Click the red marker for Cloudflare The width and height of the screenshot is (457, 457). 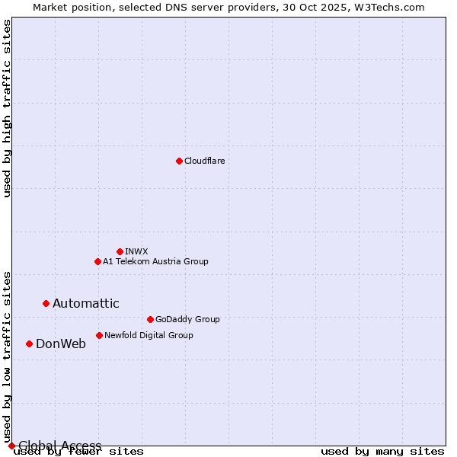pos(179,161)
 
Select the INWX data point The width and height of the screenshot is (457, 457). pos(120,251)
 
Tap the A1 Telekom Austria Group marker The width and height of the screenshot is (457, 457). pos(97,261)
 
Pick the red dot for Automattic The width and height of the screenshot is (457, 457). pos(46,303)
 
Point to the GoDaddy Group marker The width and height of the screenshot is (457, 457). pos(150,319)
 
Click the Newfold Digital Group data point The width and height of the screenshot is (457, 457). pos(99,335)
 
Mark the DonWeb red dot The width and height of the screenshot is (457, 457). pos(29,344)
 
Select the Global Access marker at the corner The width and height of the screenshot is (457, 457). pos(11,446)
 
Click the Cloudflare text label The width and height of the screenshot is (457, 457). pos(205,161)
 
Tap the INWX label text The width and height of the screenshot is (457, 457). pos(137,251)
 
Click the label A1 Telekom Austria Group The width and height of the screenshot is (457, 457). pos(155,261)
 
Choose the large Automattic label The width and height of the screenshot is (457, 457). pos(86,303)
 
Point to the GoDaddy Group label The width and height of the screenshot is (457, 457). pos(187,319)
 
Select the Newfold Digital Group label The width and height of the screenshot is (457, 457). pos(149,335)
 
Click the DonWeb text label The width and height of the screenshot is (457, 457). pos(61,344)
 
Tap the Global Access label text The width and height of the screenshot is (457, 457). pos(60,446)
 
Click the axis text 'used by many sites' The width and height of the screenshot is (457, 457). pos(382,452)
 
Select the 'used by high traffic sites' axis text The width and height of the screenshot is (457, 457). pos(7,108)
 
